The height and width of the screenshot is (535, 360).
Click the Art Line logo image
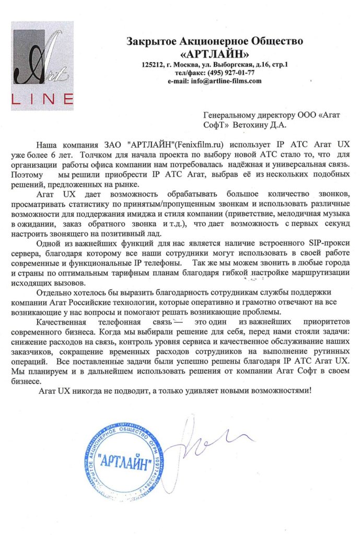[x=43, y=69]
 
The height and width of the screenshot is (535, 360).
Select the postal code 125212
[x=153, y=65]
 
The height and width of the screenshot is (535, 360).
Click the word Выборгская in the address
[x=235, y=65]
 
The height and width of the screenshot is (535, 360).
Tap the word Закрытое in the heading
[x=149, y=41]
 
